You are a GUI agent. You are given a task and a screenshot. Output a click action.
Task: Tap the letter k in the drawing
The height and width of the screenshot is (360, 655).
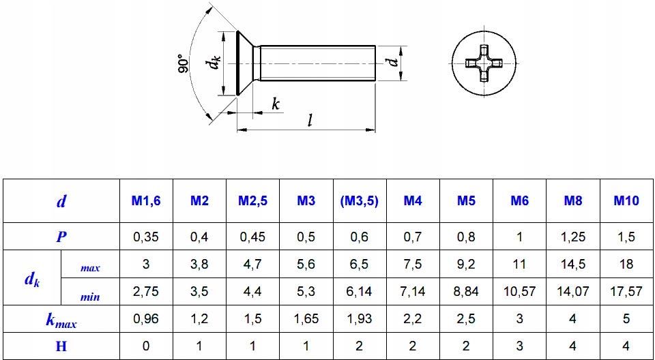[x=275, y=104]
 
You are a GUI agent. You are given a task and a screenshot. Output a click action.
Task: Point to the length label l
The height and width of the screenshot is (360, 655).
[x=310, y=120]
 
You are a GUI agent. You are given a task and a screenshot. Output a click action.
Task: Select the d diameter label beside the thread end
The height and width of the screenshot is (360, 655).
[x=392, y=62]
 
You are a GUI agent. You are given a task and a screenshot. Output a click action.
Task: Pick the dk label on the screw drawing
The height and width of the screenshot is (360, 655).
[x=216, y=63]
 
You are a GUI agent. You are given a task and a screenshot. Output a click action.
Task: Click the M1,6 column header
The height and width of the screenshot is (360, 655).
[x=146, y=201]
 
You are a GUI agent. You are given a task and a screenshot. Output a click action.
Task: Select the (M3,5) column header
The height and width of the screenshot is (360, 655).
[x=359, y=201]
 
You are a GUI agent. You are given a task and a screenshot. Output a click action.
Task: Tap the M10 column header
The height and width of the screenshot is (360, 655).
[x=626, y=201]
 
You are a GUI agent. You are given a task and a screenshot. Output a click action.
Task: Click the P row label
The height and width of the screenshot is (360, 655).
[x=61, y=237]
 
